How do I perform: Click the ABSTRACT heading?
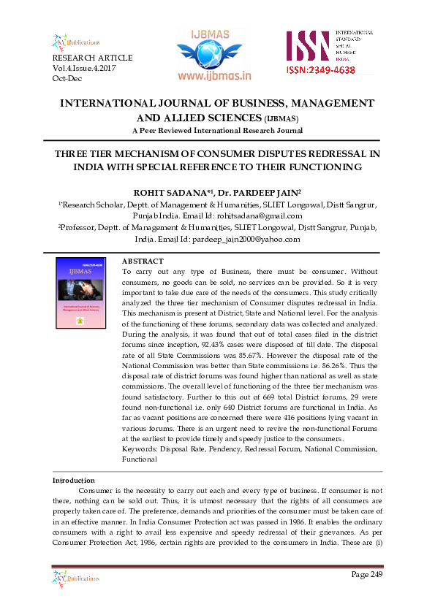[x=143, y=261]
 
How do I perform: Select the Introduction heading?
[x=73, y=480]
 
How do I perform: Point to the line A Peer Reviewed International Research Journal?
[x=217, y=130]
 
